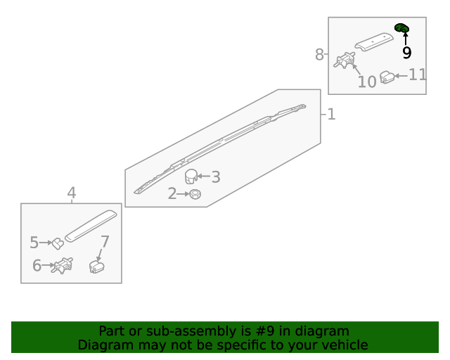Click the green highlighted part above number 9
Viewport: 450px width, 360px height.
click(401, 28)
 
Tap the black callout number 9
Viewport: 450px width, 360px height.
click(406, 53)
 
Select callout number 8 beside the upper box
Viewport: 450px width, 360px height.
click(319, 54)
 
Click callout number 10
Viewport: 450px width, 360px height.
click(367, 82)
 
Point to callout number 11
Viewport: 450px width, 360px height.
click(417, 75)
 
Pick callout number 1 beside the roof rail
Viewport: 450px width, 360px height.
click(331, 114)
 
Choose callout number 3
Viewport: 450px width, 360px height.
click(216, 177)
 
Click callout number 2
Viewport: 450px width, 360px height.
click(172, 193)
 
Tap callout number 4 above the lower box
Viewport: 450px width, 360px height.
click(72, 193)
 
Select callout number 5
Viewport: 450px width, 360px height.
click(34, 243)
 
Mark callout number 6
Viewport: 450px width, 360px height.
click(37, 265)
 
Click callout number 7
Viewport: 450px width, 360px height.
click(105, 242)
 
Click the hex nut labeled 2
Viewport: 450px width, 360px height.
click(195, 194)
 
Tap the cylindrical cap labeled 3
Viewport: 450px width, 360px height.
click(191, 176)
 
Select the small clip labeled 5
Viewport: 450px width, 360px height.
click(58, 244)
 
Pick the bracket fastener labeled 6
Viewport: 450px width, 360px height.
click(62, 266)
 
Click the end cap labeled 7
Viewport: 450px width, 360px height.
click(97, 266)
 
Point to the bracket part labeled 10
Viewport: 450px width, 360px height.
click(345, 60)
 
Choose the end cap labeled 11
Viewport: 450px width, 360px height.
click(387, 77)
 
